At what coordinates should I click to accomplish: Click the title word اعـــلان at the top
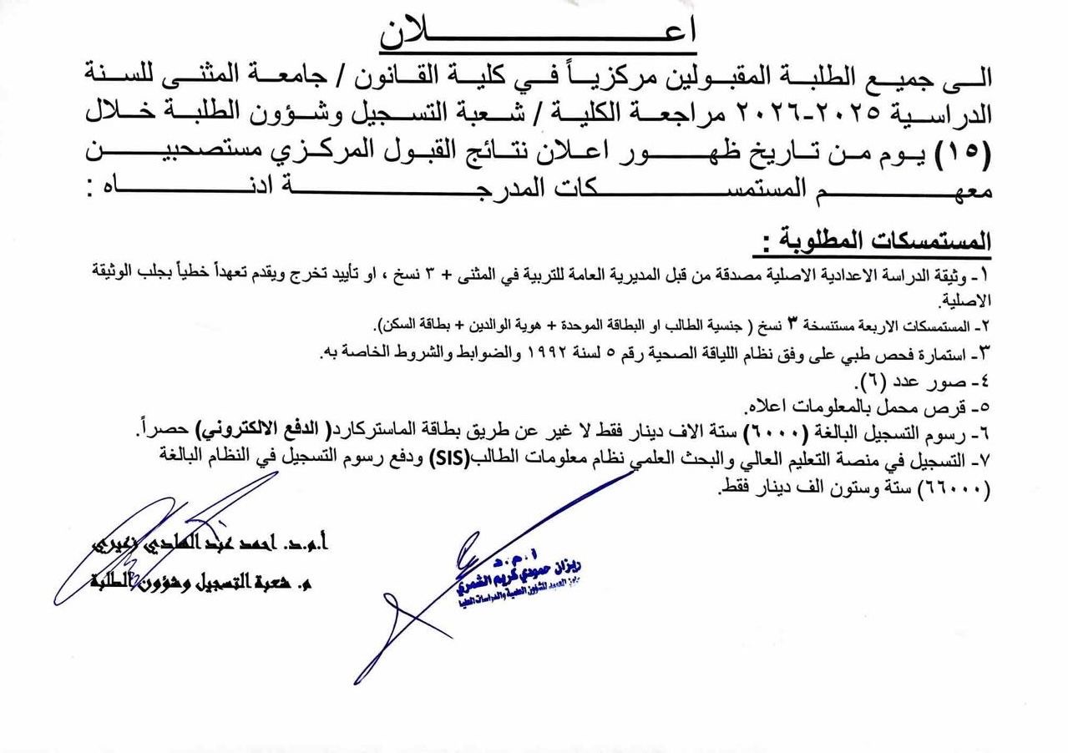click(538, 32)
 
